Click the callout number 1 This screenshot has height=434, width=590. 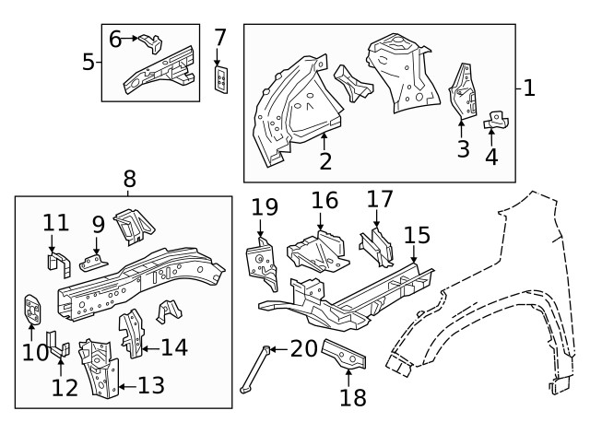pyautogui.click(x=529, y=88)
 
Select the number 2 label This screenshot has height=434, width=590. pyautogui.click(x=325, y=162)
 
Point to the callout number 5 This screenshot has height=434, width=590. pyautogui.click(x=88, y=63)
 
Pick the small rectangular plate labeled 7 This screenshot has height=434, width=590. pyautogui.click(x=221, y=79)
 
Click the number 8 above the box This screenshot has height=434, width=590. pyautogui.click(x=128, y=179)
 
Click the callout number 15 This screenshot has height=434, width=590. pyautogui.click(x=417, y=236)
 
